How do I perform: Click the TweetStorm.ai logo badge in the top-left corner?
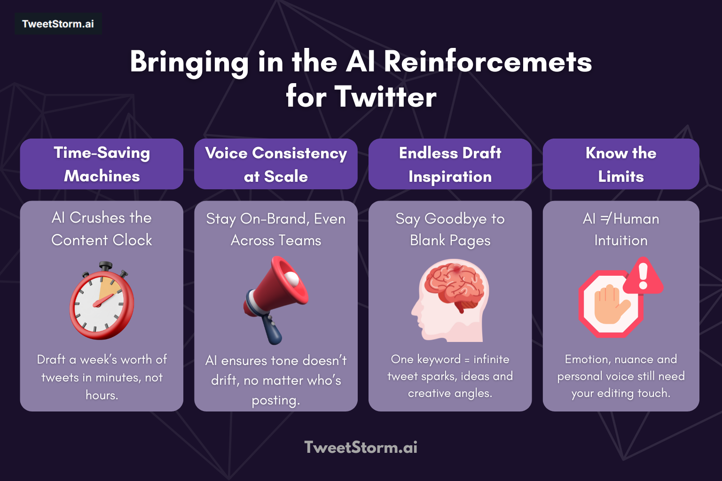tap(58, 24)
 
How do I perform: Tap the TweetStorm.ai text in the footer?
tap(361, 447)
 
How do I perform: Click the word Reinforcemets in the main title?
tap(487, 62)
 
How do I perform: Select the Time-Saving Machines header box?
tap(102, 164)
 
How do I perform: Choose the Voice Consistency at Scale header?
tap(276, 164)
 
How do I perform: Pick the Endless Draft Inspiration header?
tap(450, 164)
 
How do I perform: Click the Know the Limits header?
tap(621, 164)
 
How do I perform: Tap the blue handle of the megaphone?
tap(272, 329)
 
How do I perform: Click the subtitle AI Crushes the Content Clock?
tap(102, 229)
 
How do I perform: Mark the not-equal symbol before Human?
tap(605, 218)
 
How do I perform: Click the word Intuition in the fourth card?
tap(621, 240)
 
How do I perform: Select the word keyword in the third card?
tap(439, 359)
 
